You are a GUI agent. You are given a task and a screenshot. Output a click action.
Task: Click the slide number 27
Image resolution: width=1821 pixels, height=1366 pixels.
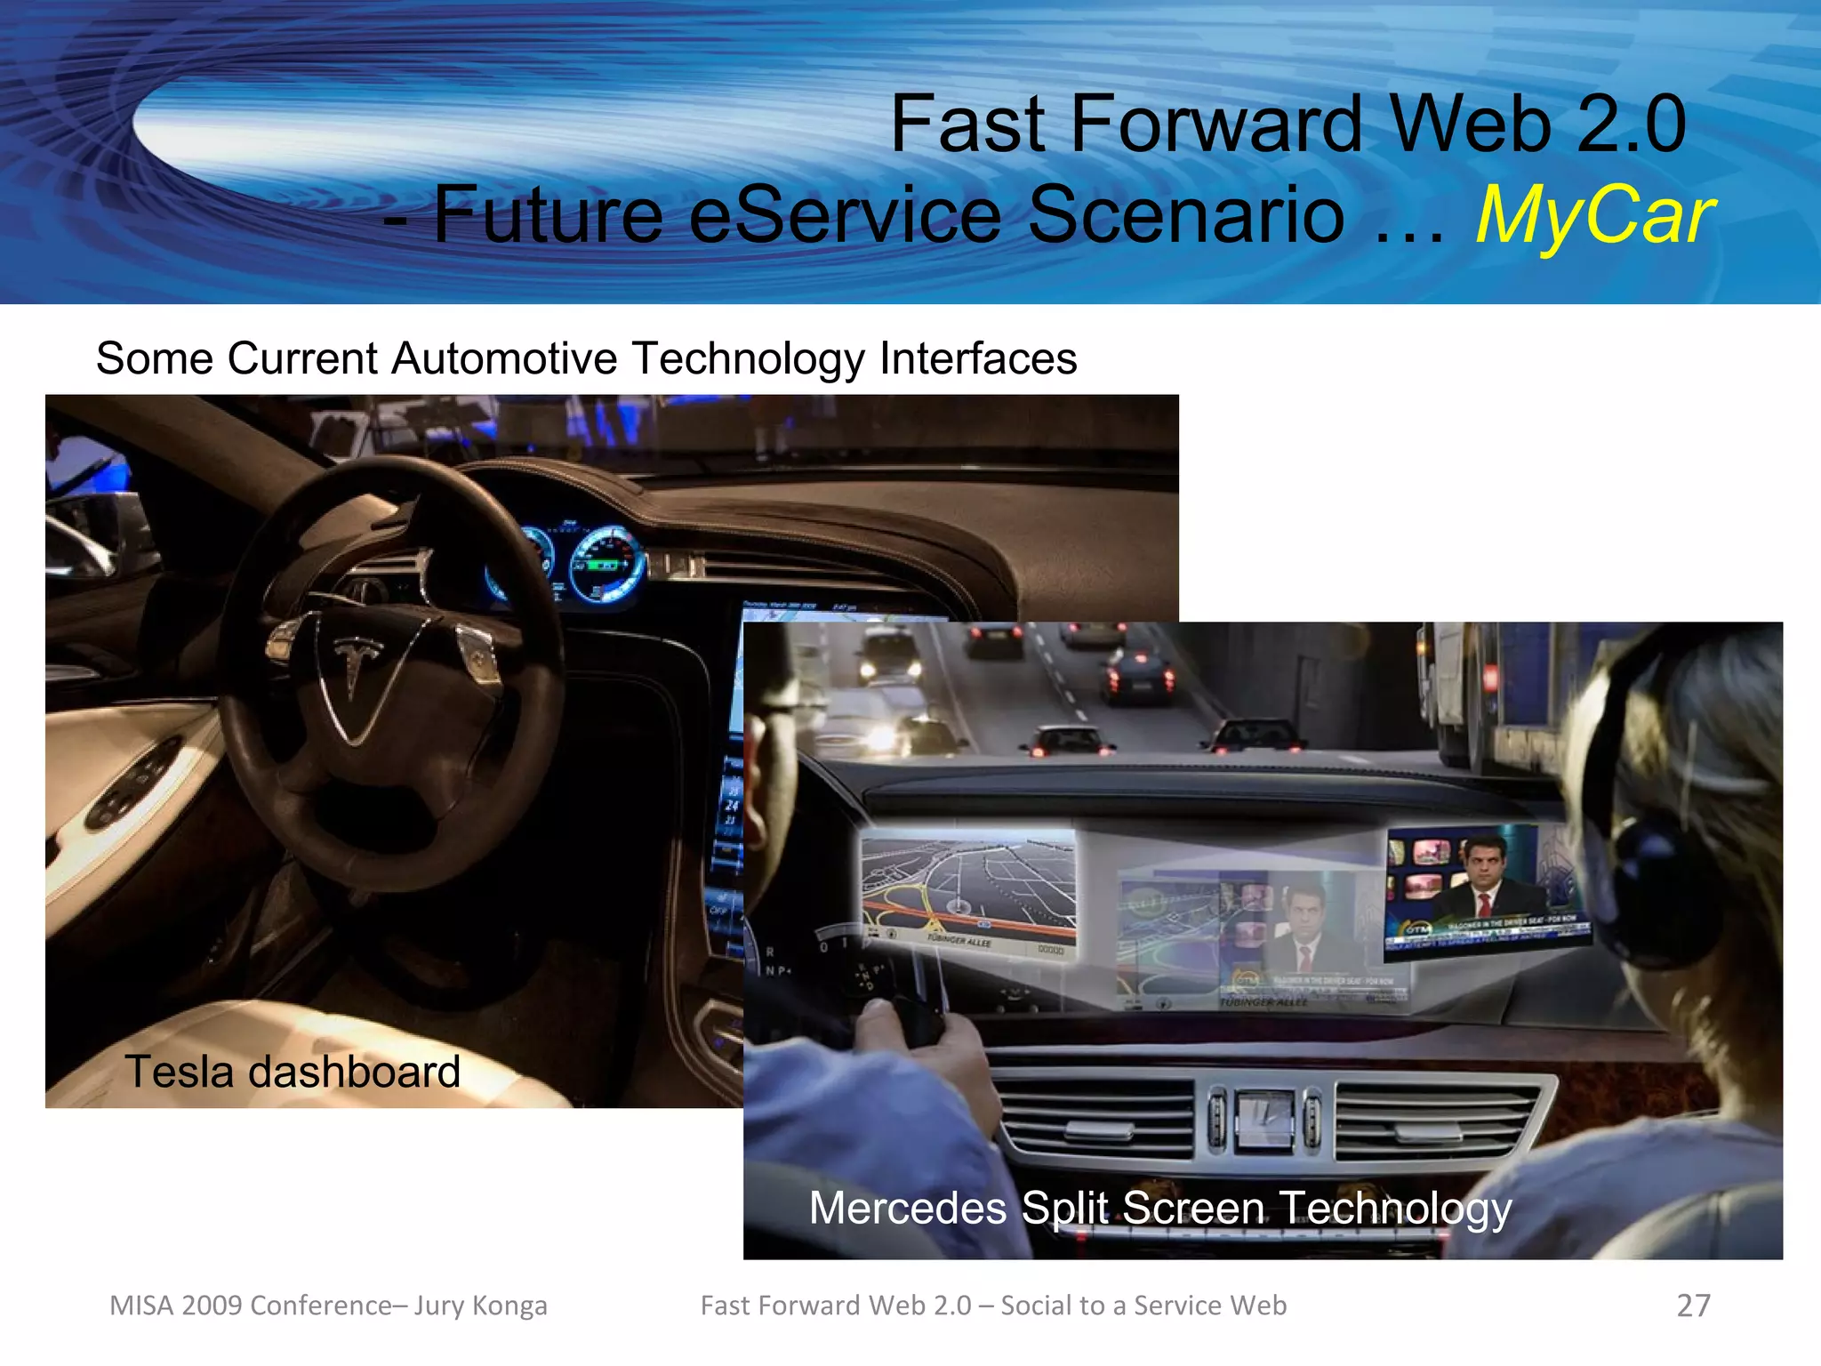tap(1693, 1306)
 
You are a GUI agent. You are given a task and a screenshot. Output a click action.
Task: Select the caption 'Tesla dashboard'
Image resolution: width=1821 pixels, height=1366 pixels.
tap(293, 1072)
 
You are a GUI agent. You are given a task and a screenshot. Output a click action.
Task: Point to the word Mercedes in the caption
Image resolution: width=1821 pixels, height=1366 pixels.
tap(908, 1209)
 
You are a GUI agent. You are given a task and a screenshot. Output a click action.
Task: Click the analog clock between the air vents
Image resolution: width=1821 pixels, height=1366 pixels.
tap(1263, 1120)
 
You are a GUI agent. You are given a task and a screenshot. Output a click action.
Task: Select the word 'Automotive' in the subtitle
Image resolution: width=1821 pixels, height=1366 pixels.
tap(504, 359)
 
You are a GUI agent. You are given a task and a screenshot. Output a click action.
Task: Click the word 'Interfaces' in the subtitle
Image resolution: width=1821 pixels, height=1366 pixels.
tap(977, 359)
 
